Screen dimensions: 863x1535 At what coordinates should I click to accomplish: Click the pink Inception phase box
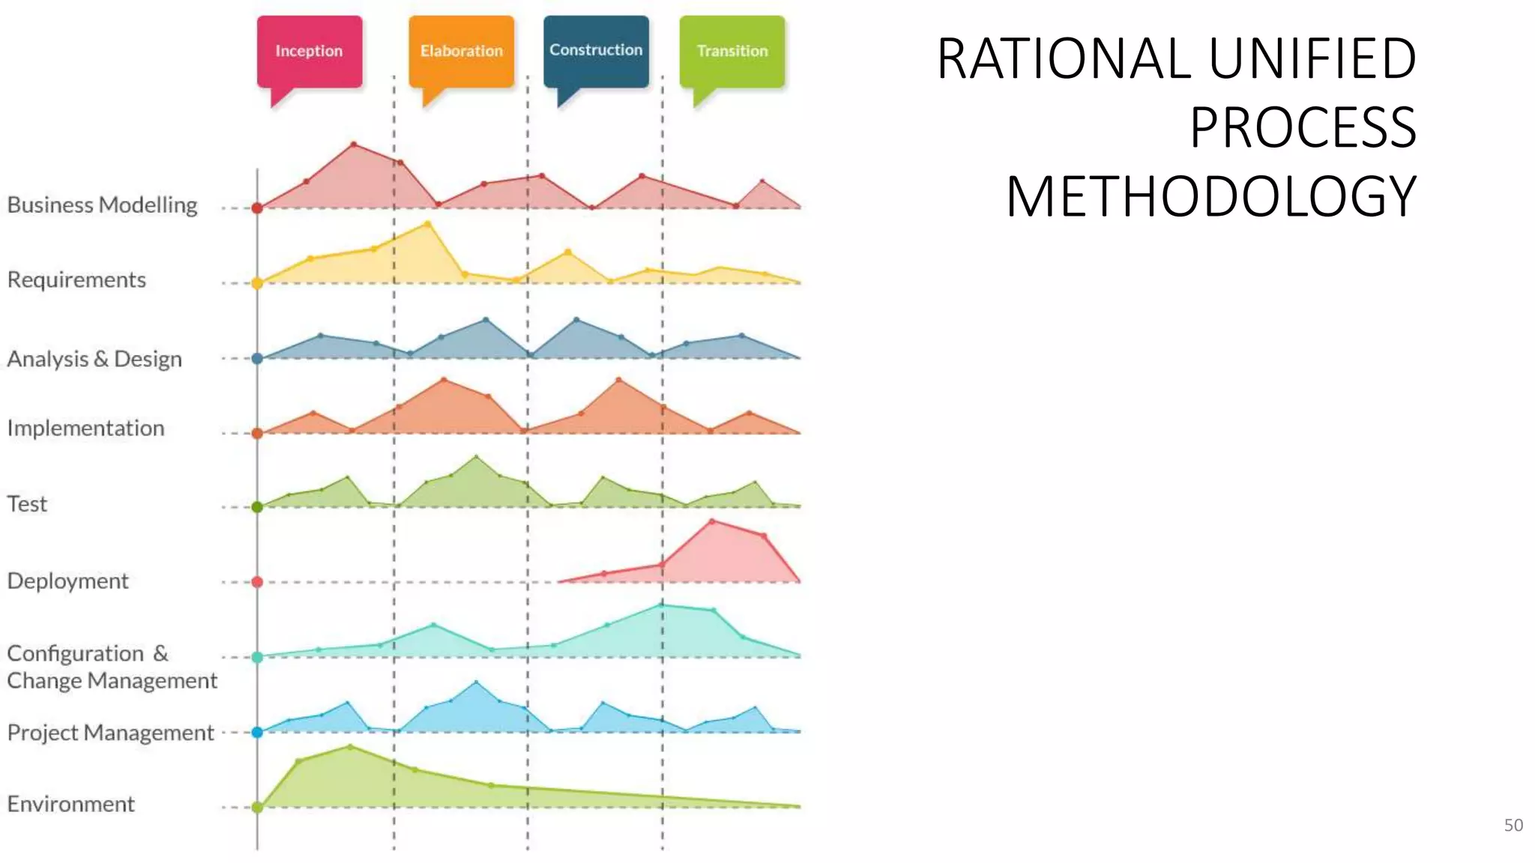[x=309, y=51]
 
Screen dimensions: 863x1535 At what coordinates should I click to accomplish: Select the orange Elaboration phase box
[x=461, y=51]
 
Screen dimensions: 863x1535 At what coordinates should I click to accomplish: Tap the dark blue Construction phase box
[x=596, y=50]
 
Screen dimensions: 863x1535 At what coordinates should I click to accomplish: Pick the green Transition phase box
[x=732, y=51]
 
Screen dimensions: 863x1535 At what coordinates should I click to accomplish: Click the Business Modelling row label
[x=103, y=205]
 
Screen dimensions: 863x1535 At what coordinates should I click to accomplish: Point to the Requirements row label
[x=76, y=279]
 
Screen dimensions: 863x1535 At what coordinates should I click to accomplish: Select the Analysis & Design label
[x=94, y=359]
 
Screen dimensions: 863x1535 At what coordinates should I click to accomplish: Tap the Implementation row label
[x=85, y=428]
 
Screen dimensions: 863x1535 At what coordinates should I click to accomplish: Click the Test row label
[x=27, y=503]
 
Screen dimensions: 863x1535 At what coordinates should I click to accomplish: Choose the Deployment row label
[x=67, y=581]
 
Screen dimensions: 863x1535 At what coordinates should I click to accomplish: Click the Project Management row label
[x=110, y=732]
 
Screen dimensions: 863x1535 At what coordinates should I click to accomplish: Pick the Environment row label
[x=70, y=804]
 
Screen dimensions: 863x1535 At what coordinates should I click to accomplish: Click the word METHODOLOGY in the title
[x=1210, y=196]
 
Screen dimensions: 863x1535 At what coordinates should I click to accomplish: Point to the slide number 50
[x=1513, y=825]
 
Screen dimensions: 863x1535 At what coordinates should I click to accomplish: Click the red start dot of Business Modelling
[x=257, y=208]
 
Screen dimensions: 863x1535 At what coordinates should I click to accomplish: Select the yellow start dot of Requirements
[x=257, y=283]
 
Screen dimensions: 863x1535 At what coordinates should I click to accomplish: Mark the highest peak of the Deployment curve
[x=711, y=521]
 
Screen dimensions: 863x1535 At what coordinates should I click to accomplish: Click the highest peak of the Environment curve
[x=350, y=746]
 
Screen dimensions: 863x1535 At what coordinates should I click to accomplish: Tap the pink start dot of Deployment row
[x=257, y=581]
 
